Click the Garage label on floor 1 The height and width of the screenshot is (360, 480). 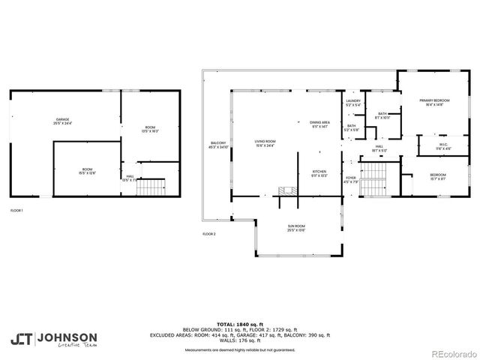63,121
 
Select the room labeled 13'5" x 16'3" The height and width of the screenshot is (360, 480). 150,128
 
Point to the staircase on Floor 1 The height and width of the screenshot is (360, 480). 153,186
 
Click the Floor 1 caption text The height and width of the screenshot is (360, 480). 16,211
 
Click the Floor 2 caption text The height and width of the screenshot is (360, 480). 208,234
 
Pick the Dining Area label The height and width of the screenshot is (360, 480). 319,124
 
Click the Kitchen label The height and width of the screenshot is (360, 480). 319,173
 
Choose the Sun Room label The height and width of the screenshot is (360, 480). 295,228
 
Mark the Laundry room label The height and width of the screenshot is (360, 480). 352,103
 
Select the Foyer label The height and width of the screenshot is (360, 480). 351,179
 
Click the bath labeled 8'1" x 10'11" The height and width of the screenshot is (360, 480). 382,116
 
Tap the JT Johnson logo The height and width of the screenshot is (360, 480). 53,337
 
